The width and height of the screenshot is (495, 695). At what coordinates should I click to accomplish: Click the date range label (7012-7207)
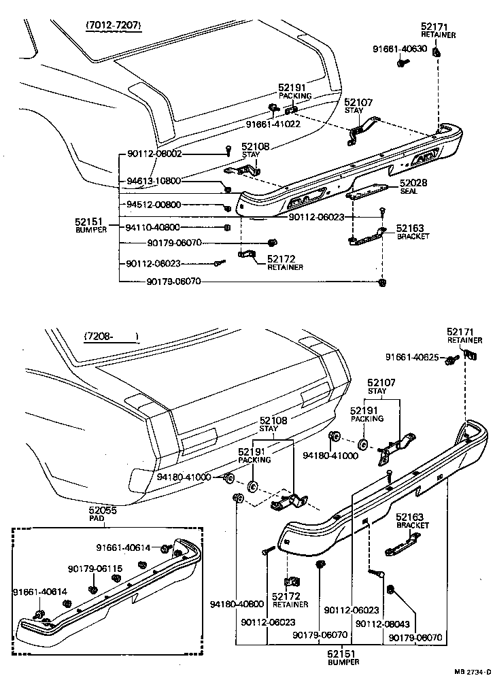114,26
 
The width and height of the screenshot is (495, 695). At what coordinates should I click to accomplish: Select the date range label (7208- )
110,336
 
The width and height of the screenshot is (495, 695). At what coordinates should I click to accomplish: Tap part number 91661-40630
400,48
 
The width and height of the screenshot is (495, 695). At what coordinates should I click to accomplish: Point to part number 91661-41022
273,124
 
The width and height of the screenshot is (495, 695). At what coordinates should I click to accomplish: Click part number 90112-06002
154,154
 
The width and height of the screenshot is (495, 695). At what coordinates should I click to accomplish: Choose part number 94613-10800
154,182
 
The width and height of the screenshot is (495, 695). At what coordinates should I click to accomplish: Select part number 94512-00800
154,205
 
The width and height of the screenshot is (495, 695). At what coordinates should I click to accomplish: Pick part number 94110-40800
154,227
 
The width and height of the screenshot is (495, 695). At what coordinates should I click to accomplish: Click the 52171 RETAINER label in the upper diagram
438,30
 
